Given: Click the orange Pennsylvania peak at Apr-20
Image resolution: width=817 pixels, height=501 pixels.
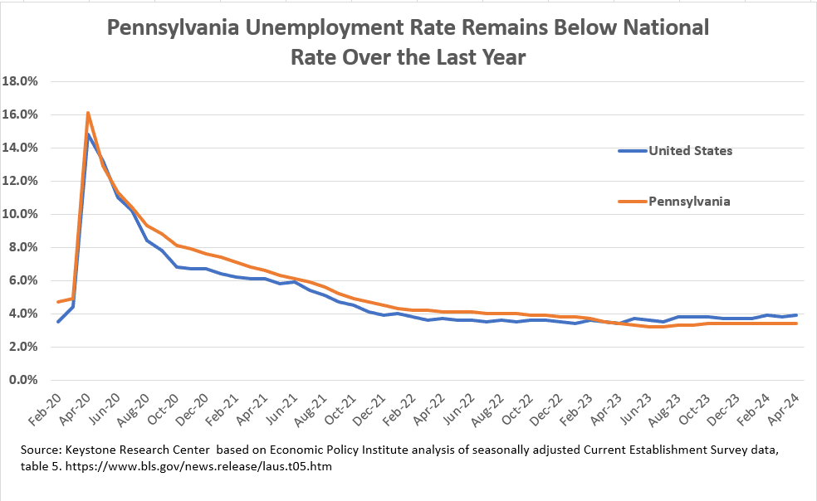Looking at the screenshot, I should (x=88, y=113).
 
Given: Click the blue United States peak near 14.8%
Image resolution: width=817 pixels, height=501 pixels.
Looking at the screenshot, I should (x=89, y=134).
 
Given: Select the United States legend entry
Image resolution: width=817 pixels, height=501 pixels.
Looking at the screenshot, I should (x=689, y=150).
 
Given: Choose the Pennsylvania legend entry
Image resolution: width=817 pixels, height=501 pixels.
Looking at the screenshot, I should (x=688, y=201).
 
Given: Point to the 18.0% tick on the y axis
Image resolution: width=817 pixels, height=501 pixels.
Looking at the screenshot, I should (x=22, y=81).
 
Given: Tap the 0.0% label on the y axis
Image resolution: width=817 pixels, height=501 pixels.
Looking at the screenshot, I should (x=25, y=380).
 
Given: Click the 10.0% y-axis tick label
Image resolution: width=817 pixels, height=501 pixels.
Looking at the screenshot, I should (x=22, y=214).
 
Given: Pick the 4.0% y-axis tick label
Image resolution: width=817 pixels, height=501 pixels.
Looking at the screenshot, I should (x=25, y=314).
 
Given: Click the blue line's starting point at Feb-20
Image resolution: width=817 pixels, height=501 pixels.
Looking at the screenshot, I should (x=58, y=322).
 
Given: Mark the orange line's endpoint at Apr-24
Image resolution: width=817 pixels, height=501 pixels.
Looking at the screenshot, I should (x=798, y=323).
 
